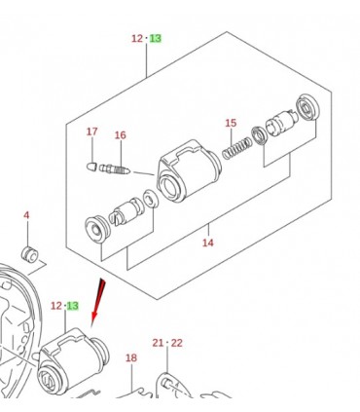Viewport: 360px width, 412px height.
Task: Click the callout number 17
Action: pos(91,131)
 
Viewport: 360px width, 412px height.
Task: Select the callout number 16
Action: pos(120,135)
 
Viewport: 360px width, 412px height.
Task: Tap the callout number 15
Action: pos(231,123)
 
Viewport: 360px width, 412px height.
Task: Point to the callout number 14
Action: pos(208,243)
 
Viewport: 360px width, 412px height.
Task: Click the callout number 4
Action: pos(26,215)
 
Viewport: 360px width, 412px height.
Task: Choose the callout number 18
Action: pos(131,357)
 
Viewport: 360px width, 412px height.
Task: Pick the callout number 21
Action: pos(158,343)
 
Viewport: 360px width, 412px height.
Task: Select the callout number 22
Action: pos(176,343)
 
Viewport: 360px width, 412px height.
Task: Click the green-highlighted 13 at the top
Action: pos(156,38)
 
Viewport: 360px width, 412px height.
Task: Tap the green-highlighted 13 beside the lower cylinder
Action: pos(72,306)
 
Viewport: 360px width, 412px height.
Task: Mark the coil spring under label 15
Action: pos(236,148)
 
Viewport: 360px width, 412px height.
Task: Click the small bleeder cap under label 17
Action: pos(91,167)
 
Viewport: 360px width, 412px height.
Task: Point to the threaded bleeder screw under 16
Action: pos(115,169)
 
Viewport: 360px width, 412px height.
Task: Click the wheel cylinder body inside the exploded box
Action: pos(189,170)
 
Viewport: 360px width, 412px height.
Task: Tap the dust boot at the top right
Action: pos(307,107)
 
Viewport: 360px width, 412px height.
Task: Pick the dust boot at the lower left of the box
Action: pos(97,229)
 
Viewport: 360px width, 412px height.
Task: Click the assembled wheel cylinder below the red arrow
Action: pos(73,361)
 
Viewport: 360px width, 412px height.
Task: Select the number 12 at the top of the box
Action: pos(137,38)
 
